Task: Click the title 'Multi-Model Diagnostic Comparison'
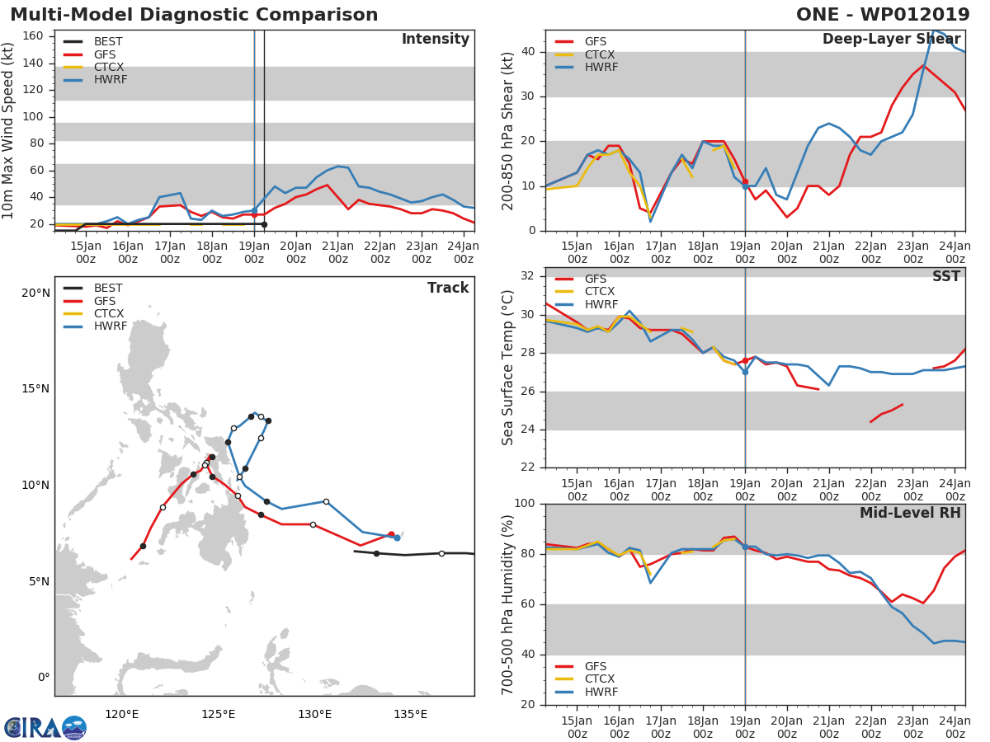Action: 194,15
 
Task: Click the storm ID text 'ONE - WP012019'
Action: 884,15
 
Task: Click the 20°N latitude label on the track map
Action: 35,293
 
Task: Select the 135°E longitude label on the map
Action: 410,714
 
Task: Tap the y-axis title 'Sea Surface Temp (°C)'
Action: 508,367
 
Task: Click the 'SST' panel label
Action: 946,277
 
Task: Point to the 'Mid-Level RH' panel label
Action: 910,513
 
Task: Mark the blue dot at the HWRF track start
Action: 397,538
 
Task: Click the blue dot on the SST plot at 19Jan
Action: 745,372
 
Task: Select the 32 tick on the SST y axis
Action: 529,276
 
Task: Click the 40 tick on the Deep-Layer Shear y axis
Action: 529,52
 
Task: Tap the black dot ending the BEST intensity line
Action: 264,224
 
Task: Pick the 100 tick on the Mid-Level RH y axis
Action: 526,504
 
